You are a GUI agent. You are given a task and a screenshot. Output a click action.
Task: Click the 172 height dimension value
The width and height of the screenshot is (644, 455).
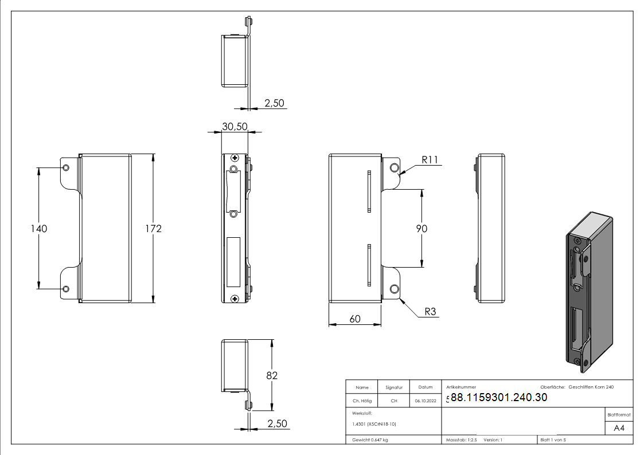(x=153, y=229)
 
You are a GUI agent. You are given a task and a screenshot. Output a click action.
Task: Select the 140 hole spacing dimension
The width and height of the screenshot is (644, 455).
(x=38, y=229)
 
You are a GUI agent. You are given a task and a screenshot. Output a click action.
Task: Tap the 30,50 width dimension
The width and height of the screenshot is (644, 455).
(x=234, y=126)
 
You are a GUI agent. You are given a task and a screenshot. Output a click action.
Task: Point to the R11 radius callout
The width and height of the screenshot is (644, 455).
(x=430, y=160)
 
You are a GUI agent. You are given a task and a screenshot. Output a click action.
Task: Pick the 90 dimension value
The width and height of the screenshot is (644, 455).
(x=422, y=229)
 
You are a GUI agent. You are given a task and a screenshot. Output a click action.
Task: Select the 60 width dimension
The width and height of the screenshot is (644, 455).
(x=355, y=319)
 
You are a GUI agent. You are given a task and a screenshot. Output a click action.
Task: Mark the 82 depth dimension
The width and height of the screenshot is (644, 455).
(x=272, y=375)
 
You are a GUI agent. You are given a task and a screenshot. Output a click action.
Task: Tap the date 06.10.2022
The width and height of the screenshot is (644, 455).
(x=425, y=401)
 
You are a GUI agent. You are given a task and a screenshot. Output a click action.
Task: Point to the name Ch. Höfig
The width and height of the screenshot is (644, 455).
(x=361, y=401)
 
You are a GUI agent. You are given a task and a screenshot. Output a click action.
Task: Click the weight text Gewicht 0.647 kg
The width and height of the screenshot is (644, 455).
(x=370, y=440)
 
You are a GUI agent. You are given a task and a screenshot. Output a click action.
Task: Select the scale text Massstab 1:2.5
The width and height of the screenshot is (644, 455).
(x=462, y=440)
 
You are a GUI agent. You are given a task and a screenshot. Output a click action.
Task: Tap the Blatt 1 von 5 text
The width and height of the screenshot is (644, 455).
(x=553, y=440)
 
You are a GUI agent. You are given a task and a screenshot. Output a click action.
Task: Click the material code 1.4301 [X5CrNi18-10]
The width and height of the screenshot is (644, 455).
(x=374, y=424)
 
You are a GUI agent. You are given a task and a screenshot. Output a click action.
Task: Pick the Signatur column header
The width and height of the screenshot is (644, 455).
(x=394, y=387)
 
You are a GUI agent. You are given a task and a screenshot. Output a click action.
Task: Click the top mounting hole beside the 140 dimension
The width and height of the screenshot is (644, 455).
(x=65, y=167)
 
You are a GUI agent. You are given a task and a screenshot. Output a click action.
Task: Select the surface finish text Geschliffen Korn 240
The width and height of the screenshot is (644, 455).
(x=591, y=387)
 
